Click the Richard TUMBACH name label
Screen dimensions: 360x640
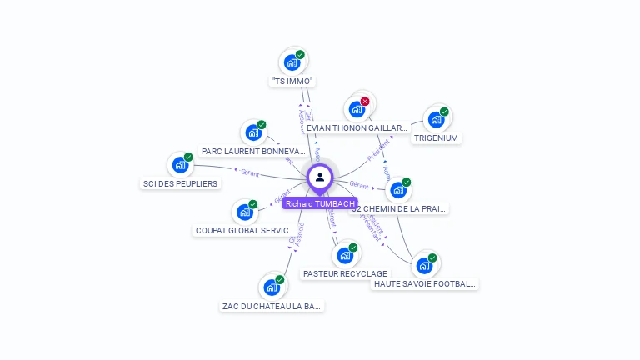(x=320, y=203)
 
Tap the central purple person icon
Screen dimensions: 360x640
(x=320, y=177)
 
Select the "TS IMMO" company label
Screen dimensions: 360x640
(x=292, y=82)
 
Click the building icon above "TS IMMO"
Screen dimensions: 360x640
(x=292, y=62)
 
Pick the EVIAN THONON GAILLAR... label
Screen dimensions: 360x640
(x=357, y=128)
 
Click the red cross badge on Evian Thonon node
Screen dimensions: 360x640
(x=365, y=102)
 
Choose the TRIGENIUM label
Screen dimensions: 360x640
(x=436, y=138)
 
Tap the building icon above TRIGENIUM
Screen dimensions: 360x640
(x=436, y=120)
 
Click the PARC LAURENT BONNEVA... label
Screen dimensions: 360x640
(x=253, y=152)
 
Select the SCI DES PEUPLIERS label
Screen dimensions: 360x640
(x=180, y=183)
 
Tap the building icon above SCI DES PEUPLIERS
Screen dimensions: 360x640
(x=180, y=165)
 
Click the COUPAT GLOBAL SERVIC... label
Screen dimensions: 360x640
(x=245, y=230)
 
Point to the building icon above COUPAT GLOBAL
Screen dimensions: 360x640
(x=245, y=212)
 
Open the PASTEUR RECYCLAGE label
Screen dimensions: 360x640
(x=345, y=273)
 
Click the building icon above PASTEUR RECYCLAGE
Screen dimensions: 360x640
(x=344, y=255)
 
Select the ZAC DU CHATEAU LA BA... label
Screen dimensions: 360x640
(x=272, y=306)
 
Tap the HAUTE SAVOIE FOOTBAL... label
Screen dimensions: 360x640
(x=425, y=284)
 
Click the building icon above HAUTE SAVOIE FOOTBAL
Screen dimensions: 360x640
(x=424, y=266)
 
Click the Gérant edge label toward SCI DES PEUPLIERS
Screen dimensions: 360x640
(x=250, y=173)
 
